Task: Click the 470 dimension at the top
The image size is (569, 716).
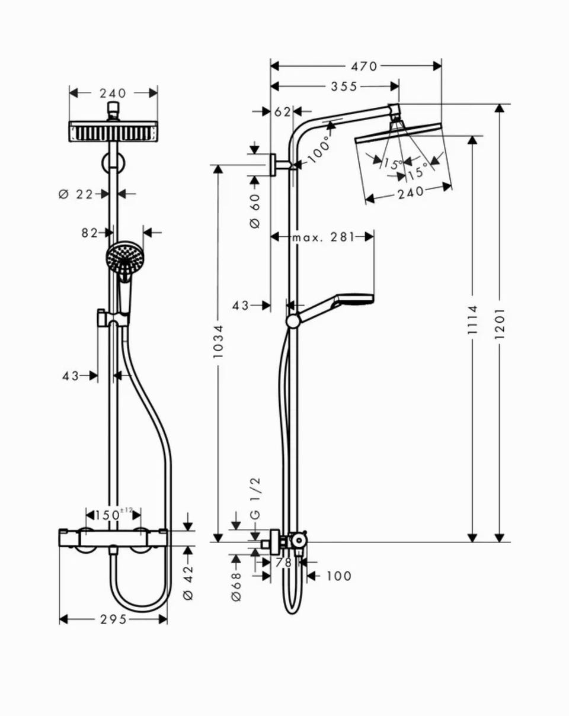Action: point(364,66)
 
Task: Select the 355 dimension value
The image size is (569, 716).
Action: point(344,87)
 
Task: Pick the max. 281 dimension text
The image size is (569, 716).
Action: point(323,237)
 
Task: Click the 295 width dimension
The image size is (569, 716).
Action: point(113,619)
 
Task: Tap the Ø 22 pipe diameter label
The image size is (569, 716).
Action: point(76,194)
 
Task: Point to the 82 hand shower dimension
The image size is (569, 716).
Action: point(89,233)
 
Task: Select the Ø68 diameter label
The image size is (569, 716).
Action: point(236,587)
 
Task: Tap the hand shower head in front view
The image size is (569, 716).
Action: point(124,258)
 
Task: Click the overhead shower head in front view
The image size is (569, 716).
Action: point(113,131)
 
